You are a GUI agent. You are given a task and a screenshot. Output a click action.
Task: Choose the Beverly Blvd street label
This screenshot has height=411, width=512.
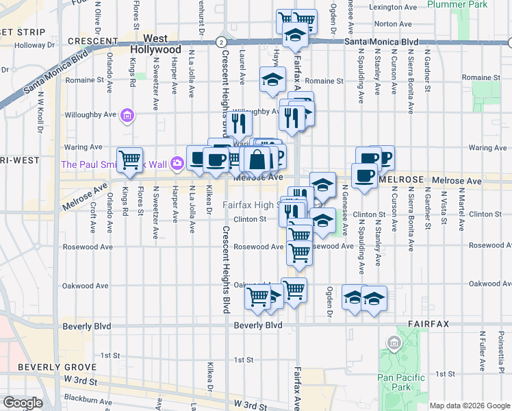pyautogui.click(x=258, y=325)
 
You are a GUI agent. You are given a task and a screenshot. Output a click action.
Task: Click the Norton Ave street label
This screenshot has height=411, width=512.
pyautogui.click(x=394, y=24)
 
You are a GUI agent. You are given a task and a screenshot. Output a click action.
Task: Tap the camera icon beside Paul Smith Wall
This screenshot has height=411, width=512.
pyautogui.click(x=177, y=163)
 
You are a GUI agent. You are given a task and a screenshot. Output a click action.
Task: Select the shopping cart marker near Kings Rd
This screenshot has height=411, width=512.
pyautogui.click(x=129, y=160)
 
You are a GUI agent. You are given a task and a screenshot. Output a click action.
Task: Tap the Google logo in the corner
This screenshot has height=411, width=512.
pyautogui.click(x=23, y=403)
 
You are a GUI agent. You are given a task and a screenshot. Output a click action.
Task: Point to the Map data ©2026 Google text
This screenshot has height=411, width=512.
pyautogui.click(x=469, y=406)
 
